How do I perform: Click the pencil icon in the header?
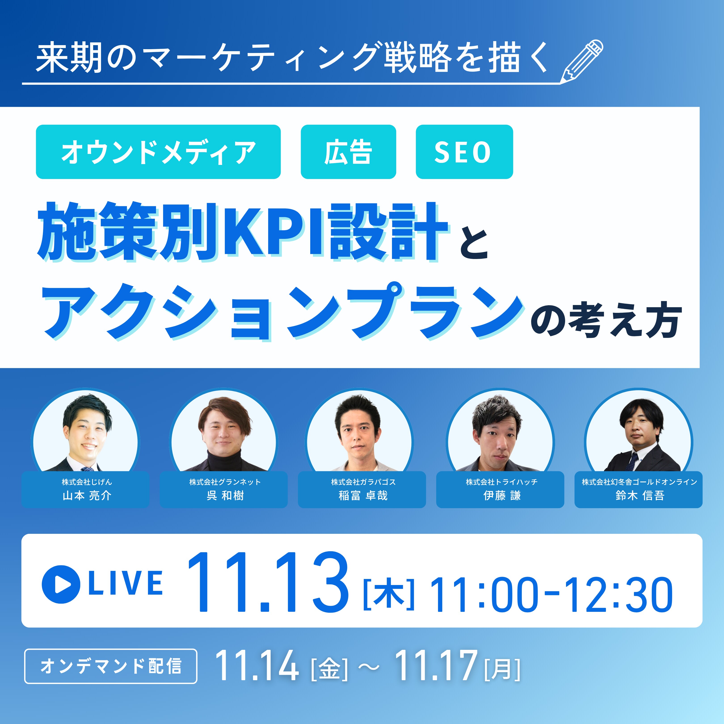(582, 61)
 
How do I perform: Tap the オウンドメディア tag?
(158, 152)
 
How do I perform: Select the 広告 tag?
(348, 152)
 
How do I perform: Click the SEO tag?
(464, 152)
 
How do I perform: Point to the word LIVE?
(126, 583)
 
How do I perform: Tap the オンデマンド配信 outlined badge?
(111, 666)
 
